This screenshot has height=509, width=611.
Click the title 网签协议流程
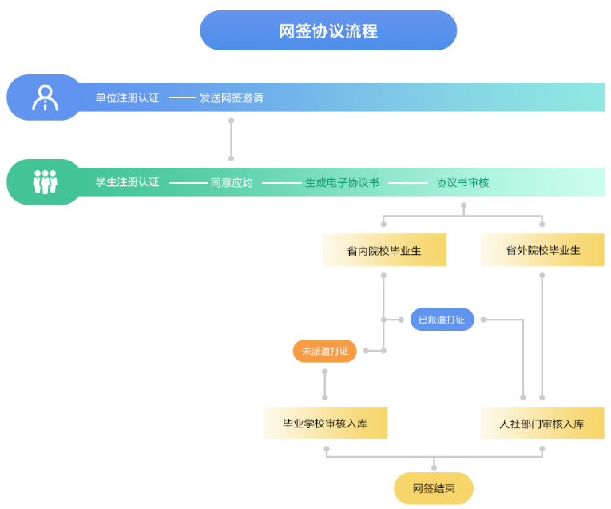pyautogui.click(x=328, y=31)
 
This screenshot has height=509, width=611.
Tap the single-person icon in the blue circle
pyautogui.click(x=45, y=97)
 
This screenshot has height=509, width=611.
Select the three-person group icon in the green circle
pyautogui.click(x=45, y=182)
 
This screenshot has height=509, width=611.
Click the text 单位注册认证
pyautogui.click(x=127, y=98)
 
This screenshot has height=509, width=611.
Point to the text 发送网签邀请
pyautogui.click(x=232, y=98)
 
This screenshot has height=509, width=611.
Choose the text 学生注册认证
pyautogui.click(x=127, y=182)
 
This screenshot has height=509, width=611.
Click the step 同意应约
pyautogui.click(x=232, y=182)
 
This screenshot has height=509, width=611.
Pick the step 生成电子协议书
pyautogui.click(x=342, y=182)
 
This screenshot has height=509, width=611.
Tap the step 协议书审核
pyautogui.click(x=462, y=182)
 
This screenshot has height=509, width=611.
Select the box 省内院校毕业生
pyautogui.click(x=384, y=250)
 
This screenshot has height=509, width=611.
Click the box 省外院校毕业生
pyautogui.click(x=542, y=250)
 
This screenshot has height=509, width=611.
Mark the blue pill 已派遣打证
pyautogui.click(x=442, y=320)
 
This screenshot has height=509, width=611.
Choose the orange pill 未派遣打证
pyautogui.click(x=325, y=351)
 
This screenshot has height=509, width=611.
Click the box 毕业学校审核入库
pyautogui.click(x=325, y=424)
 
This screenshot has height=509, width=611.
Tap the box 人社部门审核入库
pyautogui.click(x=542, y=424)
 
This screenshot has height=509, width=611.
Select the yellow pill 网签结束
pyautogui.click(x=434, y=488)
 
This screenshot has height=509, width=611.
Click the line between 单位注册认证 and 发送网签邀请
pyautogui.click(x=182, y=98)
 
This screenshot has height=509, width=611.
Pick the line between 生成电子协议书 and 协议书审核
pyautogui.click(x=408, y=183)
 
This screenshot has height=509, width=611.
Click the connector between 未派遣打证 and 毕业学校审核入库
pyautogui.click(x=325, y=384)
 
